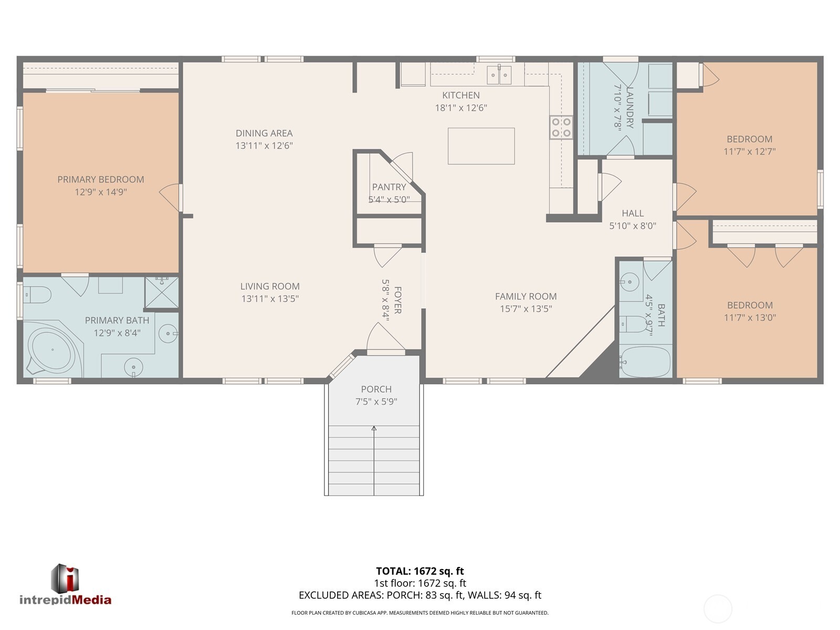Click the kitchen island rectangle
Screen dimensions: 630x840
pos(481,146)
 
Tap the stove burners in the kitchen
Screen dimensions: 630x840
pos(561,128)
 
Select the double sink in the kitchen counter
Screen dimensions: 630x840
pos(499,75)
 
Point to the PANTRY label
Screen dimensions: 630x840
pos(389,187)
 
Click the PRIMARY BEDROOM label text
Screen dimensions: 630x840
pos(101,180)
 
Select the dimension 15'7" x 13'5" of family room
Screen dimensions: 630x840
pos(526,309)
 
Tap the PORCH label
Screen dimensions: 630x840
pos(376,389)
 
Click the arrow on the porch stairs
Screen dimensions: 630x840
pos(374,429)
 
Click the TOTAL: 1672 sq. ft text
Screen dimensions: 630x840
pos(420,571)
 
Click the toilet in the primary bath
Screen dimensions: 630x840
pos(37,295)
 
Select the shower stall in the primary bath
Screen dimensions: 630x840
pos(162,293)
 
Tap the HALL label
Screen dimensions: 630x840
pos(633,213)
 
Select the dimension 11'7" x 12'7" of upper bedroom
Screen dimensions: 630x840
pos(749,152)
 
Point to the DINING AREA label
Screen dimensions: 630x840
pos(264,133)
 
